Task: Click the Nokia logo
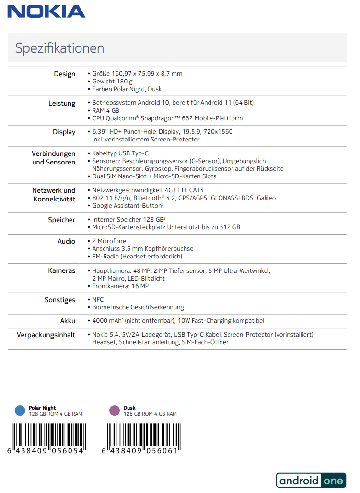pyautogui.click(x=46, y=12)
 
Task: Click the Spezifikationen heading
pyautogui.click(x=59, y=48)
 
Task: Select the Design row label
pyautogui.click(x=64, y=74)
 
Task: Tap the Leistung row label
pyautogui.click(x=62, y=103)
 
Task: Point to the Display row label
pyautogui.click(x=64, y=132)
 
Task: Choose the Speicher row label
pyautogui.click(x=61, y=220)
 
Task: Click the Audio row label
pyautogui.click(x=66, y=241)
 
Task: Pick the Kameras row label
pyautogui.click(x=61, y=270)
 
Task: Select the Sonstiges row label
pyautogui.click(x=60, y=300)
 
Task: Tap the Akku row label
pyautogui.click(x=68, y=320)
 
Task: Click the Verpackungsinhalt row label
pyautogui.click(x=46, y=335)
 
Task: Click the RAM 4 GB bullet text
pyautogui.click(x=105, y=111)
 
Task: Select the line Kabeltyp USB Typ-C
pyautogui.click(x=120, y=153)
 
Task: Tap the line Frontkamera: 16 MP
pyautogui.click(x=120, y=286)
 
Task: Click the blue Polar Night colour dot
pyautogui.click(x=20, y=410)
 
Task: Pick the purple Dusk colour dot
pyautogui.click(x=115, y=410)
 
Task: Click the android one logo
pyautogui.click(x=311, y=481)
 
